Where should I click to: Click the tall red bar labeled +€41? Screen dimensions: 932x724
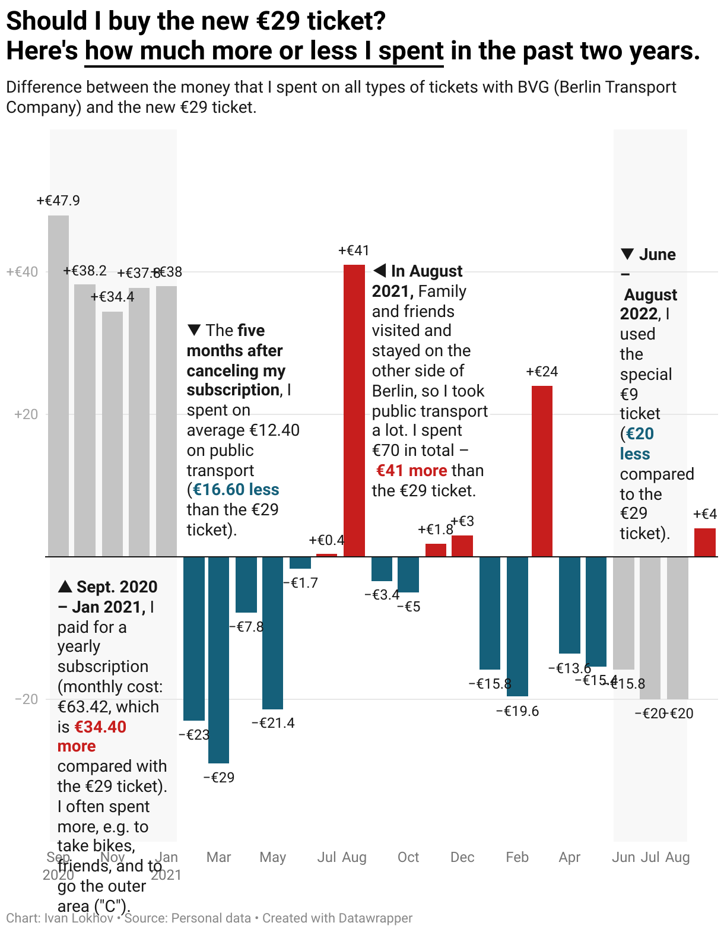pos(354,410)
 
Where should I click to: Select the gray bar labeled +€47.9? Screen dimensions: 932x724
pos(59,386)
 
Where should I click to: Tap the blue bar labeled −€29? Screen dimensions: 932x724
pos(218,660)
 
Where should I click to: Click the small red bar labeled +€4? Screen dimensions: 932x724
pos(705,542)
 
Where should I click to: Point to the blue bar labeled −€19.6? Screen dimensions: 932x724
pos(517,626)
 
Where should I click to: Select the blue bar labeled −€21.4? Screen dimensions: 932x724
pos(273,633)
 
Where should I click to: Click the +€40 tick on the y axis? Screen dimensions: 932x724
pos(22,272)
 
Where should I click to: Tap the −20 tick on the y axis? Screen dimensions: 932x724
pos(26,699)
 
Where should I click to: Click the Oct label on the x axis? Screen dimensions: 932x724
pos(408,857)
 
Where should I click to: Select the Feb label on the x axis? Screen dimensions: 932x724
pos(517,857)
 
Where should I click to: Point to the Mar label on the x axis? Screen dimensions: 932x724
pos(218,857)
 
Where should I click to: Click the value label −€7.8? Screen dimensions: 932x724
pos(246,627)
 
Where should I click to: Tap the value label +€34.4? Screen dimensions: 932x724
pos(112,297)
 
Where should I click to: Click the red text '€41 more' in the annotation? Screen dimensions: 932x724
pos(411,471)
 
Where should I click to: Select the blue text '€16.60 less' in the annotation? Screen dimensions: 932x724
pos(236,490)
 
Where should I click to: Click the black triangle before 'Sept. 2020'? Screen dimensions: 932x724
pos(65,587)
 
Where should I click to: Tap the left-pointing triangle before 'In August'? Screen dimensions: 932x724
pos(380,271)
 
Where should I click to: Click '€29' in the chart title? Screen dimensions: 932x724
pos(279,21)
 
